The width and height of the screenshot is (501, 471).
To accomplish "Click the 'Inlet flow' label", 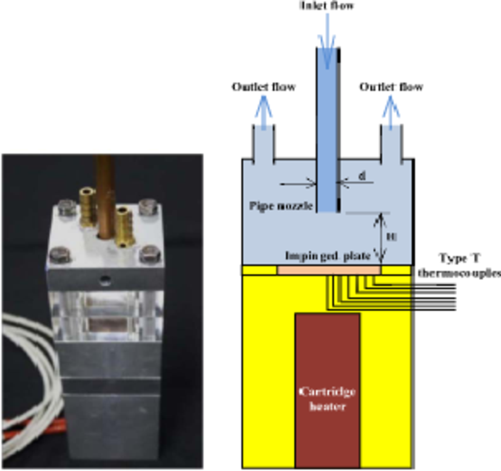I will [328, 7].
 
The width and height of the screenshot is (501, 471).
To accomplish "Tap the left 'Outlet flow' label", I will [264, 87].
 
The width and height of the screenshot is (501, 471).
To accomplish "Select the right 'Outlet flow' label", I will [391, 87].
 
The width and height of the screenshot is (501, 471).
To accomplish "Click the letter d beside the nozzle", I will [361, 176].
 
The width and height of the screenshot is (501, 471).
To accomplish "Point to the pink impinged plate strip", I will [329, 269].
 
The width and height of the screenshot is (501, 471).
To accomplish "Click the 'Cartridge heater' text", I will [327, 399].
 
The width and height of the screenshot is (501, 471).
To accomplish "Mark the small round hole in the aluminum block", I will [107, 279].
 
